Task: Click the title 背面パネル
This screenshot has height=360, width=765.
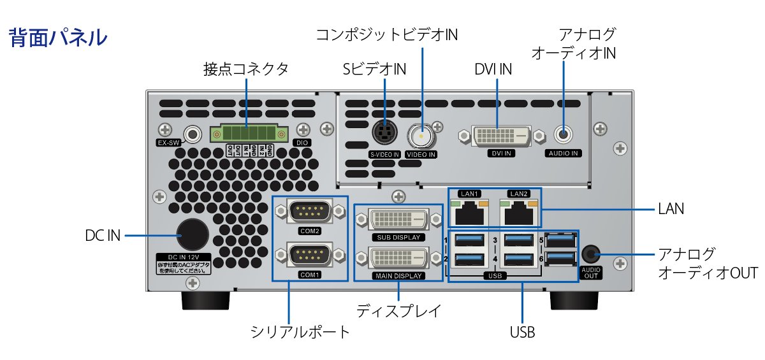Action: pos(58,38)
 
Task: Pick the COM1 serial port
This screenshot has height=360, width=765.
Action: pos(309,256)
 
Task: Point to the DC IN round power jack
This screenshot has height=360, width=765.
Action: pos(192,234)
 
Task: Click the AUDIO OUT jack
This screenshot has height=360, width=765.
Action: pos(591,255)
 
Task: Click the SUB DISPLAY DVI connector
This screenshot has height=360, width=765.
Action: pos(398,220)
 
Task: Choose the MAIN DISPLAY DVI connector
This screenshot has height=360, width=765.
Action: pos(398,258)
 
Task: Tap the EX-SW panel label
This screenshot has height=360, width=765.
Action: pos(169,143)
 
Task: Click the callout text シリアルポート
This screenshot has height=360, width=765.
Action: pos(300,332)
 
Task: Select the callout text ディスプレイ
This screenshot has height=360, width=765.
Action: pos(398,311)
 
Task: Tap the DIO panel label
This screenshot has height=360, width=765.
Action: pos(302,143)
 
